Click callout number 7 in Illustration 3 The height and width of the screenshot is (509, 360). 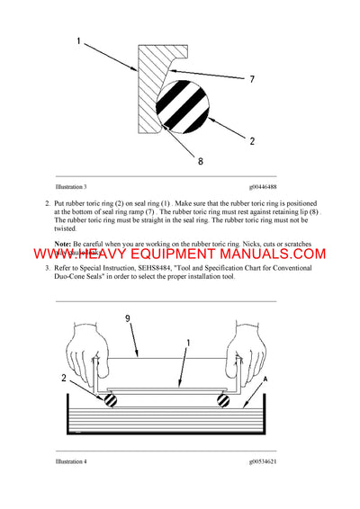tap(253, 81)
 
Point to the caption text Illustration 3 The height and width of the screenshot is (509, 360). tap(71, 186)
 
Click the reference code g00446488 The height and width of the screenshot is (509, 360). tap(268, 186)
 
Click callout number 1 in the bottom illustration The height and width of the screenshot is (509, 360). tap(189, 341)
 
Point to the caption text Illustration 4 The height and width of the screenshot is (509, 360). tap(71, 461)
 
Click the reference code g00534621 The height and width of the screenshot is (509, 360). tap(268, 461)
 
